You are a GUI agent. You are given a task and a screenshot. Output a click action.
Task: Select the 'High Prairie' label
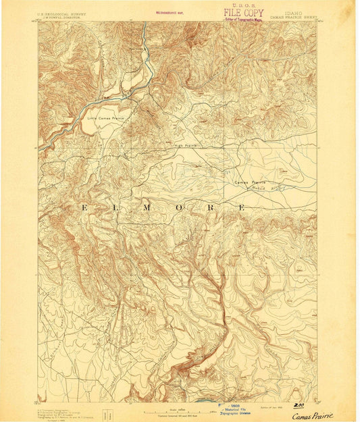pyautogui.click(x=185, y=145)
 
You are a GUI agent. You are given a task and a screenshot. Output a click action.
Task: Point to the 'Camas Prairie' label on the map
pyautogui.click(x=250, y=182)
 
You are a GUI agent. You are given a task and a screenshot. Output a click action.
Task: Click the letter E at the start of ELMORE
pyautogui.click(x=84, y=207)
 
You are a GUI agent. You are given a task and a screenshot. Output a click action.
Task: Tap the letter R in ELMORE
pyautogui.click(x=210, y=207)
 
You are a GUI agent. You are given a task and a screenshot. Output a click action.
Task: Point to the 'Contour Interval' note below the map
pyautogui.click(x=177, y=411)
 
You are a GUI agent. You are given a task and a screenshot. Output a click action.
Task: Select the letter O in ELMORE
pyautogui.click(x=179, y=207)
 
